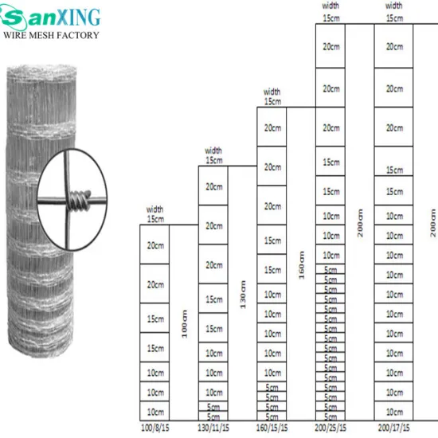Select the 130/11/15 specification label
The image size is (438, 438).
point(213,428)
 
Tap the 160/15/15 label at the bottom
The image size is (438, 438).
point(272,428)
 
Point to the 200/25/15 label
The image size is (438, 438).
point(330,428)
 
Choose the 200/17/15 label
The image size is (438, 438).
point(393,428)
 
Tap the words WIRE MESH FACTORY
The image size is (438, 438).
point(52,35)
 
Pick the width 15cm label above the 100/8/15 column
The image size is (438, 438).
point(155,215)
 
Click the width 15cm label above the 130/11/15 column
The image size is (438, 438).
point(213,155)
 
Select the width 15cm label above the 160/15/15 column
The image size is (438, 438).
point(272,96)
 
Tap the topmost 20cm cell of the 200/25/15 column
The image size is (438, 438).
point(330,46)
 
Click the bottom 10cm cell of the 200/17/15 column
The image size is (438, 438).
point(393,412)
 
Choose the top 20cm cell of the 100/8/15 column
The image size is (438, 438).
point(155,245)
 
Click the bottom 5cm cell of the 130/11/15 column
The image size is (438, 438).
point(213,416)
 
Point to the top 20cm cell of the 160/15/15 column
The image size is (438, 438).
point(272,128)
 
